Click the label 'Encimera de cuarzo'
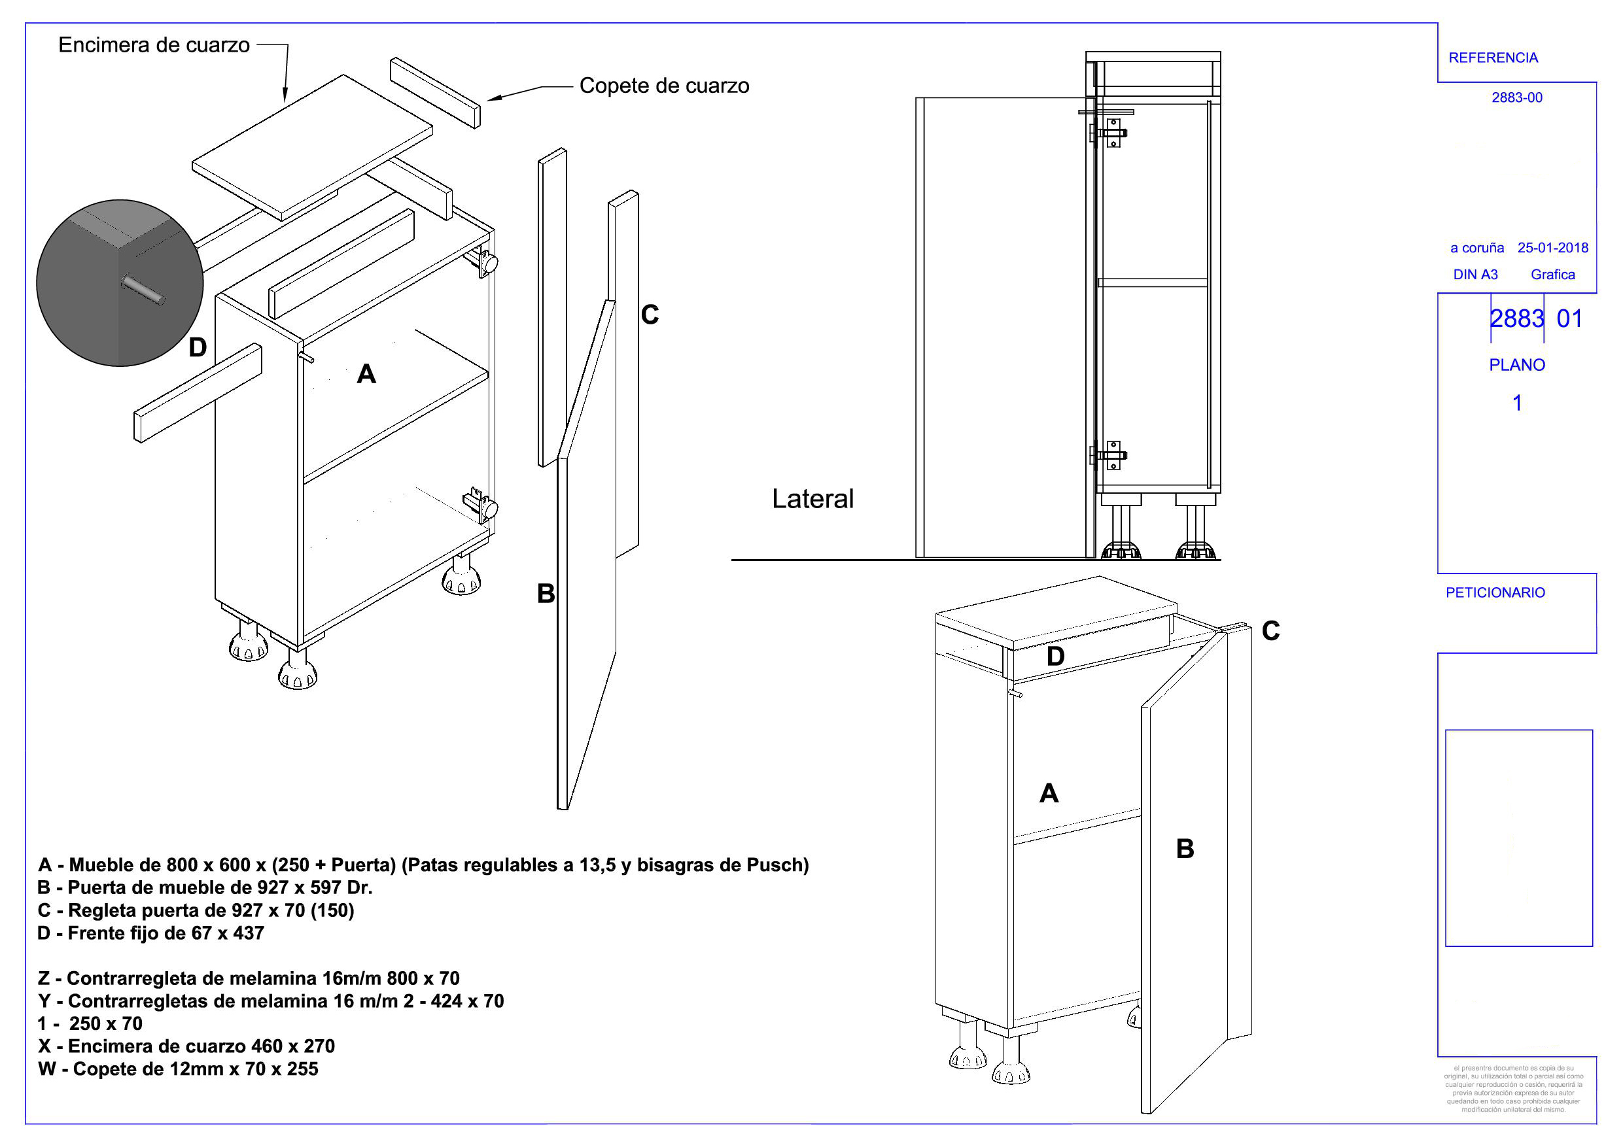coord(154,45)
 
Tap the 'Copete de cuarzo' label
coord(665,86)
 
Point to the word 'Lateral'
coord(813,499)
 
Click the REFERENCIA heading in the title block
coord(1493,58)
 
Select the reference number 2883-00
coord(1517,97)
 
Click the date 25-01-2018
coord(1553,248)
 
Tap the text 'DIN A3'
coord(1475,275)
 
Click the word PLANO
coord(1517,366)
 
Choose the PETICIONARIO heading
coord(1495,593)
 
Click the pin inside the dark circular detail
coord(143,290)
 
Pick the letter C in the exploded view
coord(650,315)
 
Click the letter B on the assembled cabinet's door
coord(1185,849)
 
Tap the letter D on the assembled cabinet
coord(1055,657)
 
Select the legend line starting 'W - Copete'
coord(178,1069)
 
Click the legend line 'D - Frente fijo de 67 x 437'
coord(150,934)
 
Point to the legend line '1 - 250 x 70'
coord(90,1024)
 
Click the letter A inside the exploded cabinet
coord(366,374)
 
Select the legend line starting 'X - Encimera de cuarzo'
coord(186,1047)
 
